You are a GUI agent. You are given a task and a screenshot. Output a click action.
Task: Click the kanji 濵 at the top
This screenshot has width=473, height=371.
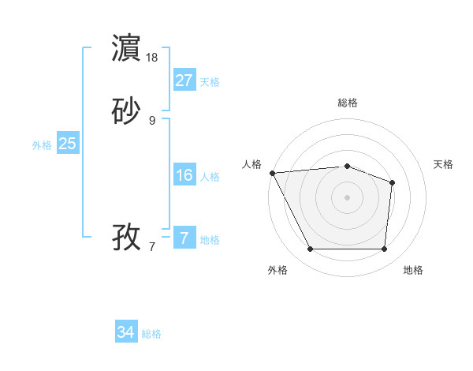(127, 48)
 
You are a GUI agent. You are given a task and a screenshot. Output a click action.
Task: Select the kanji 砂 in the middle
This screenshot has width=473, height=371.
(127, 111)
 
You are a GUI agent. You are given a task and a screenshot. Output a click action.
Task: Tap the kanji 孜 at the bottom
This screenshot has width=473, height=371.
(127, 236)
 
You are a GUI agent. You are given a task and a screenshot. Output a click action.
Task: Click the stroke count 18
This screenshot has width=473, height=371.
(152, 58)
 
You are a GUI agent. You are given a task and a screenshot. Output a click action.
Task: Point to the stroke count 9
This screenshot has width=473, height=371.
(152, 120)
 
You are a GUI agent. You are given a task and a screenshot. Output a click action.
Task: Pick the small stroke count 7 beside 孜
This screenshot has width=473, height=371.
(152, 246)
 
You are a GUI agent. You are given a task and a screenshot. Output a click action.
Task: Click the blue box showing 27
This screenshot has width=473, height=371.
(184, 81)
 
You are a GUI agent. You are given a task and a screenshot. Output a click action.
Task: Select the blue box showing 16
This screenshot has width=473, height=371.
(184, 175)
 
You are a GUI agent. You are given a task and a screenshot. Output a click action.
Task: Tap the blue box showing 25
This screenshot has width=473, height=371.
(67, 144)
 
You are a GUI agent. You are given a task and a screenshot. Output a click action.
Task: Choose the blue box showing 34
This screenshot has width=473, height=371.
(126, 332)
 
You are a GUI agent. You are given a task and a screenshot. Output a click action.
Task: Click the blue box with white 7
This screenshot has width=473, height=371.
(184, 238)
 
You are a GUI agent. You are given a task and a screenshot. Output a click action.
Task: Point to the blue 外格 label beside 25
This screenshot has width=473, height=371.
(42, 145)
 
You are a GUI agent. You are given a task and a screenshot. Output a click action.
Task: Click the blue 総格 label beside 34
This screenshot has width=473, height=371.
(152, 334)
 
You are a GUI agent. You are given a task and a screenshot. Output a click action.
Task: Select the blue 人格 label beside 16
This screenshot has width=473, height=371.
(210, 177)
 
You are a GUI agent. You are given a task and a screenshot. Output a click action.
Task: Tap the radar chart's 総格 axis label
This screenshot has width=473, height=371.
(347, 103)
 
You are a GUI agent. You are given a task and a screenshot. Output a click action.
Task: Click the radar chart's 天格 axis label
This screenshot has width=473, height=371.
(443, 164)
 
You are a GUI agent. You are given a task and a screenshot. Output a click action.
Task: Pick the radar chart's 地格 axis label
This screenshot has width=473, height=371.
(413, 271)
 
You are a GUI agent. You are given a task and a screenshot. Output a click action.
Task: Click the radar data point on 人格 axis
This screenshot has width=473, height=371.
(271, 173)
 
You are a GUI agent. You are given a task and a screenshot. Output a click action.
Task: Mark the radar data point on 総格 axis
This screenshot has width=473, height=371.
(347, 166)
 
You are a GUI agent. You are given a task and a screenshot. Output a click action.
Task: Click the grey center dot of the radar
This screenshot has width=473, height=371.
(347, 197)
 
